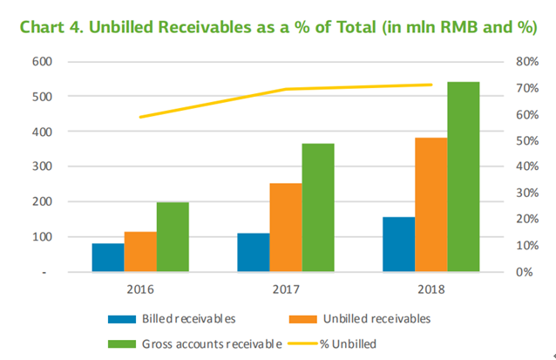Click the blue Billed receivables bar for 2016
click(108, 257)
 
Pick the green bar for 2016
click(173, 236)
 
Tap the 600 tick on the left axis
click(43, 62)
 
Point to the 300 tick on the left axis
click(43, 166)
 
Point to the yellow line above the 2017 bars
click(288, 89)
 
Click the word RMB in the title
click(454, 27)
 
